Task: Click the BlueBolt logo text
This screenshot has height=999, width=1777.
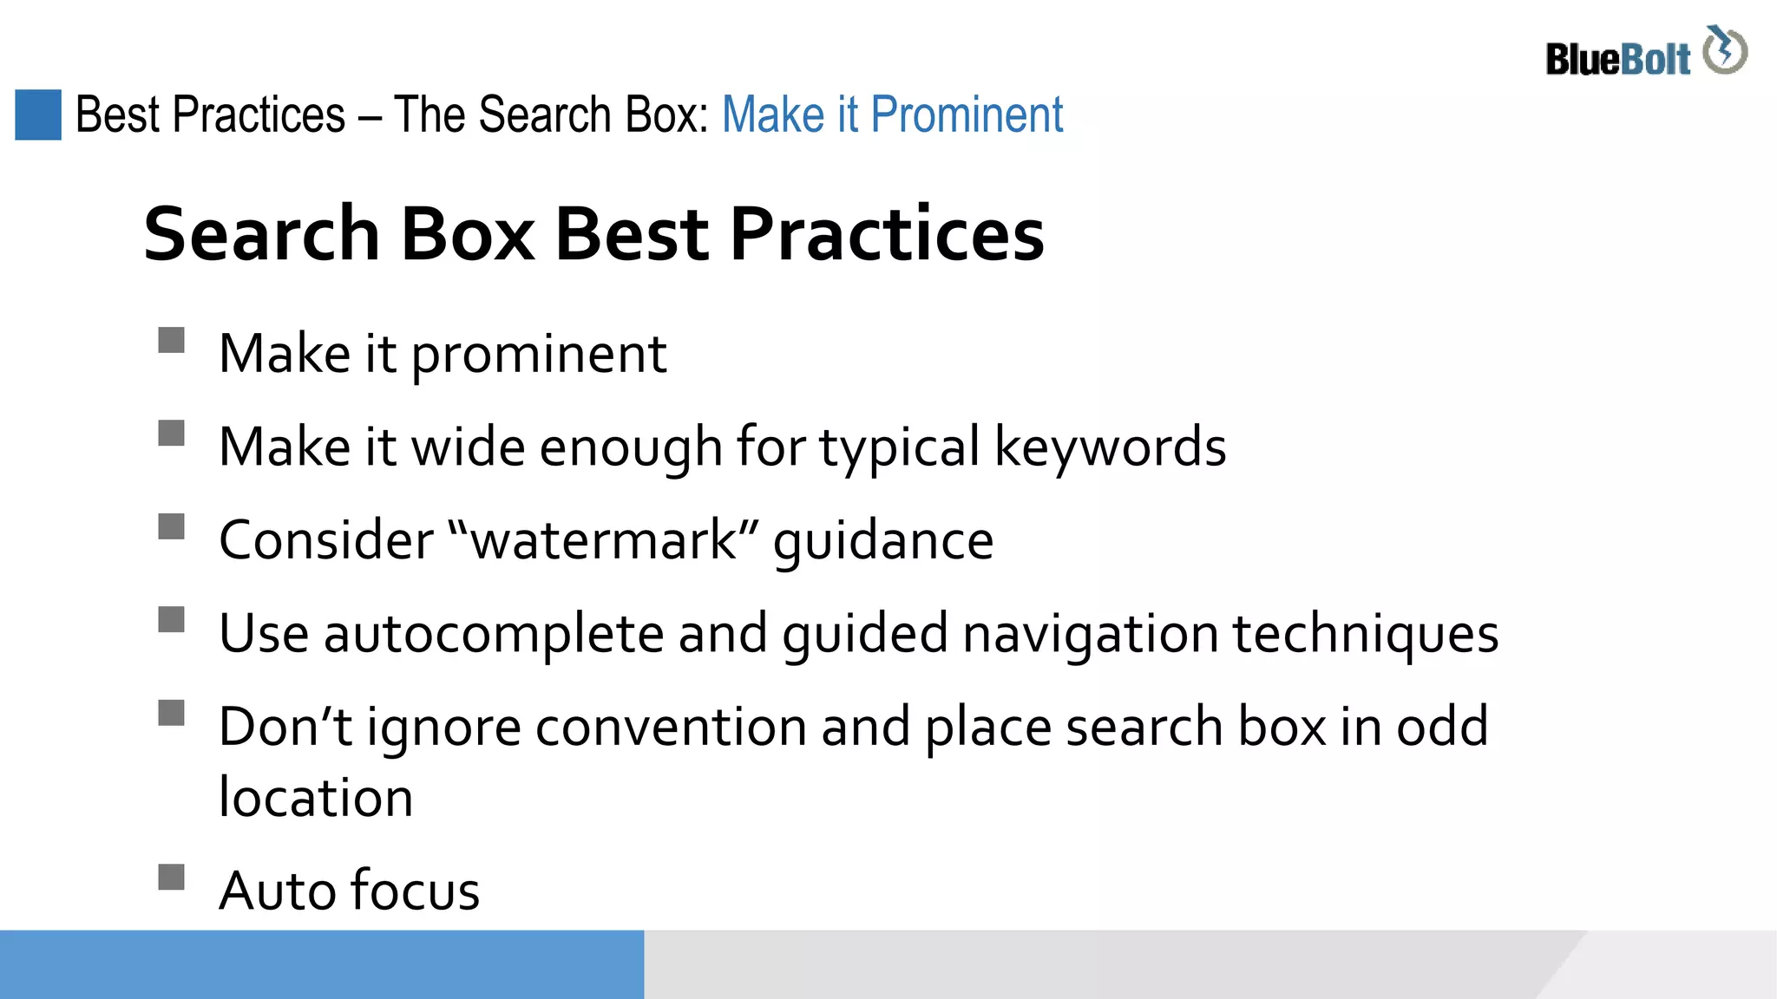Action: coord(1617,60)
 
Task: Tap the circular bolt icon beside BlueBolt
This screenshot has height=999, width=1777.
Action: coord(1725,50)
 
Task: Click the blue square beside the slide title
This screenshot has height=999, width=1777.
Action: coord(38,114)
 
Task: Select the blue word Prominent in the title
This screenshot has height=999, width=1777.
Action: coord(966,114)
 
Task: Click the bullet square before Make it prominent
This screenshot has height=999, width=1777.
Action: coord(172,340)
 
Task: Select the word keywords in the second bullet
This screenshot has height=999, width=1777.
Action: coord(1110,447)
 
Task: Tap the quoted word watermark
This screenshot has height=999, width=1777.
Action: coord(604,540)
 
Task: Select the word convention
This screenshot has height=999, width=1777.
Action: coord(671,727)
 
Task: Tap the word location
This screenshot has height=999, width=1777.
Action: coord(316,798)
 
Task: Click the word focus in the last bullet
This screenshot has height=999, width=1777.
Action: coord(415,891)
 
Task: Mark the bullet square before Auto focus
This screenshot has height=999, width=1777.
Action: coord(172,877)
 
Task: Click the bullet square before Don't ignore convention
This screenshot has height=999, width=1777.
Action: coord(172,713)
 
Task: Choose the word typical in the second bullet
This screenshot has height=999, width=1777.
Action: coord(899,448)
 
